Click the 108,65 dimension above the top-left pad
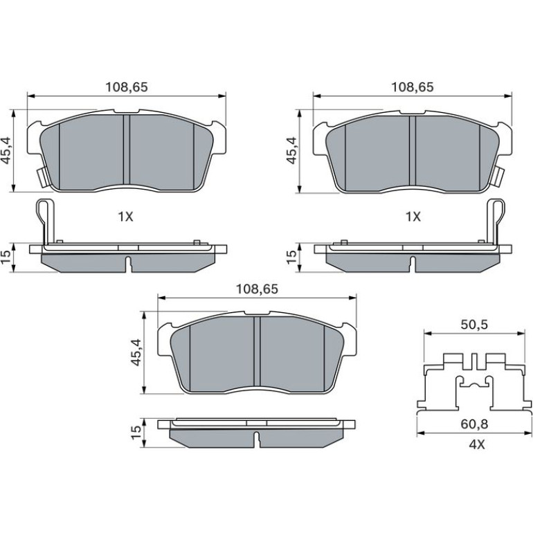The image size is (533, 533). click(x=127, y=87)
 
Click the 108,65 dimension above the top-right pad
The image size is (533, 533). click(x=413, y=87)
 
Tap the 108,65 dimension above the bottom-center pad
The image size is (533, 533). click(x=257, y=289)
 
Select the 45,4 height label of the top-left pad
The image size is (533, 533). click(x=8, y=150)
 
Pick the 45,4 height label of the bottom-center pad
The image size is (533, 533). click(x=137, y=352)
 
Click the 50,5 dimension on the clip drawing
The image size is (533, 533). click(x=474, y=325)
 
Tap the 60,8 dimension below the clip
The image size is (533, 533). click(x=475, y=424)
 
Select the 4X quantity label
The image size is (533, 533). click(x=476, y=444)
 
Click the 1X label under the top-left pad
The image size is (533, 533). click(x=125, y=217)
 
